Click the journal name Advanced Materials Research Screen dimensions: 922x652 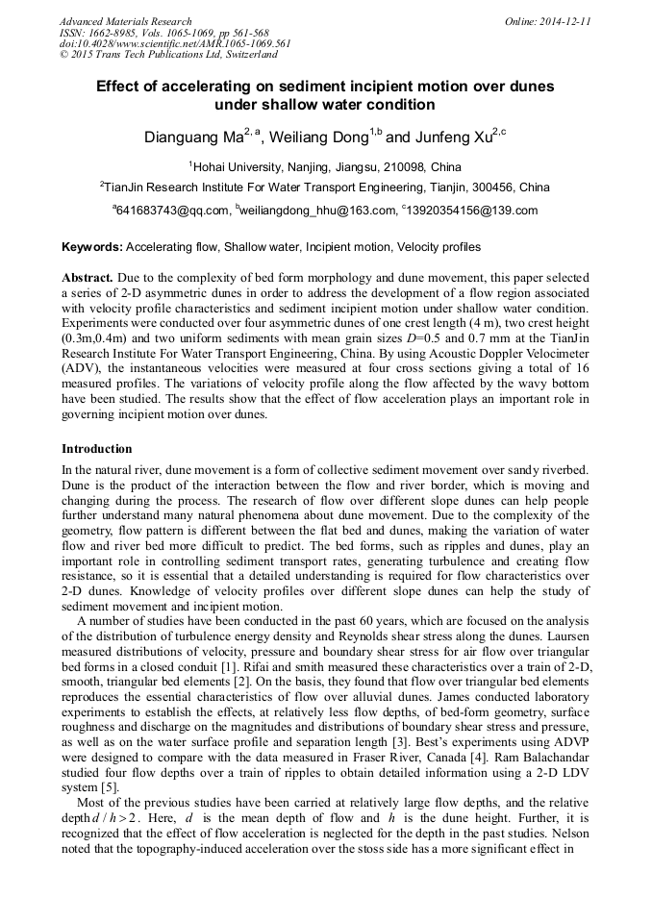(125, 21)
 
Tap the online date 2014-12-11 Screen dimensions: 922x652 (564, 21)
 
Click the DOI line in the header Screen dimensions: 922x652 (175, 44)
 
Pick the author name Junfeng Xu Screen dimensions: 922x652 (452, 137)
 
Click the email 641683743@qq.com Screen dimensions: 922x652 (173, 211)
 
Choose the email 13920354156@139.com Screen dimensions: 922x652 (471, 211)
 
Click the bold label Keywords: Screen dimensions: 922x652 (91, 247)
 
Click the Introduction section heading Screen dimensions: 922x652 (96, 449)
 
